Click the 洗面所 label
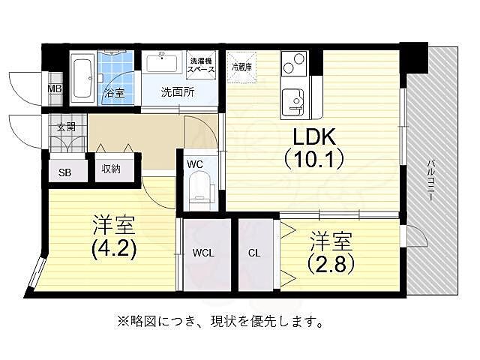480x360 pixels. coord(178,93)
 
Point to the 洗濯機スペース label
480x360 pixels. coord(201,64)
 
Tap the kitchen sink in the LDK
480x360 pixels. coord(292,100)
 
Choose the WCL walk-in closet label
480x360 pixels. coord(203,253)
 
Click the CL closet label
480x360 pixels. coord(254,253)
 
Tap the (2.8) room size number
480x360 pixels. coord(331,264)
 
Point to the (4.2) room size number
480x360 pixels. coord(114,247)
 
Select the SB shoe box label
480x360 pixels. coord(65,172)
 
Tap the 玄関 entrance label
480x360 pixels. coord(65,127)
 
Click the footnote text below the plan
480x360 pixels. coord(220,322)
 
